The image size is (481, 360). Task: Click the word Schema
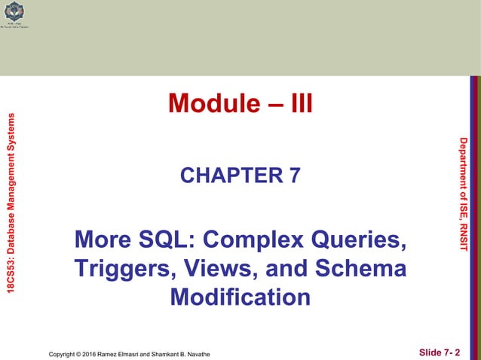pos(359,269)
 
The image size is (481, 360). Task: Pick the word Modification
pos(240,297)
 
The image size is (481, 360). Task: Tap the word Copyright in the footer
pos(63,352)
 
